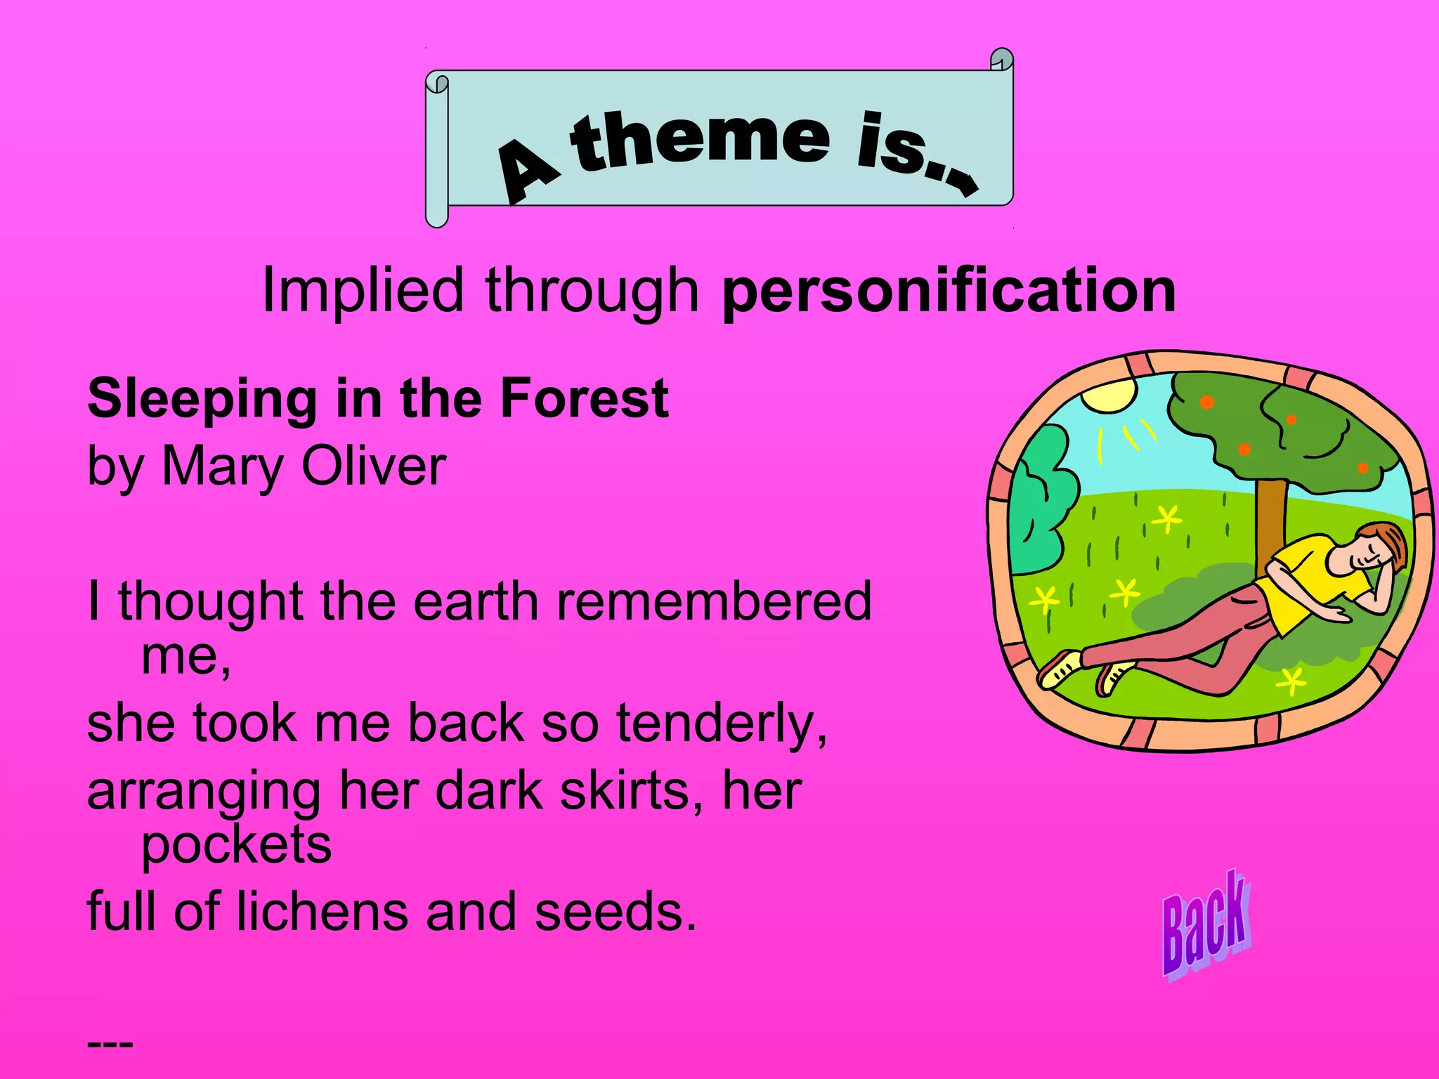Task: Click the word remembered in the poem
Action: pyautogui.click(x=713, y=601)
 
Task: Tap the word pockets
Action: pyautogui.click(x=236, y=845)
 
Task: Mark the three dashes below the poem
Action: pyautogui.click(x=110, y=1044)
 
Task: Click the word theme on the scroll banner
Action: pyautogui.click(x=700, y=140)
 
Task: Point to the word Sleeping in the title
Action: pyautogui.click(x=202, y=398)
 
